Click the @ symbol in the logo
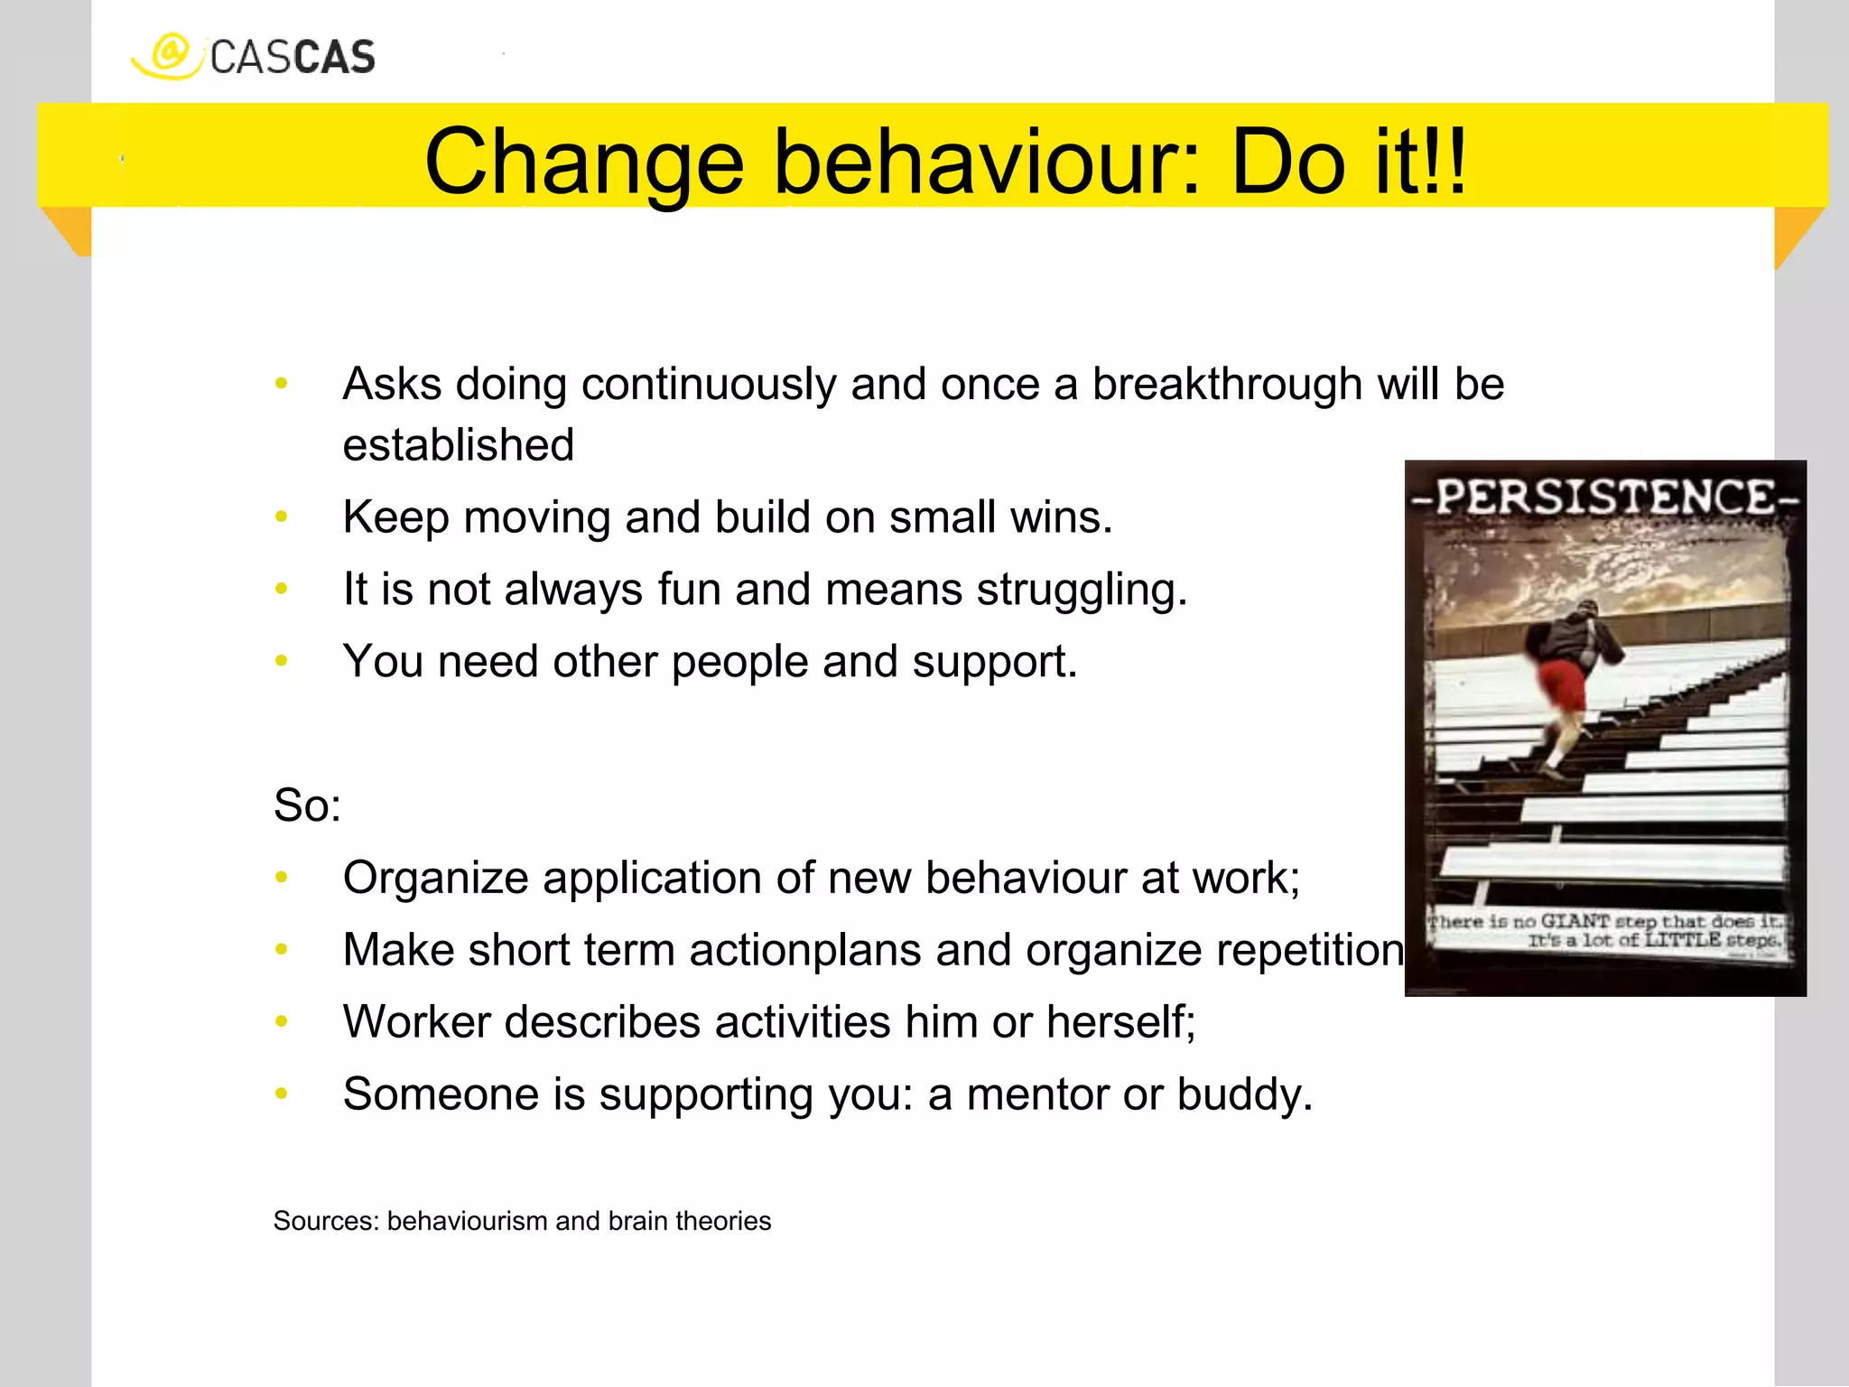click(x=169, y=52)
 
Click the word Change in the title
click(x=583, y=163)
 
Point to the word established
click(x=458, y=446)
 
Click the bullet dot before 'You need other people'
click(x=282, y=662)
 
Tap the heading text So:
click(x=307, y=805)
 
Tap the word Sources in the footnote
click(x=325, y=1222)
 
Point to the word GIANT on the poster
click(x=1575, y=921)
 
